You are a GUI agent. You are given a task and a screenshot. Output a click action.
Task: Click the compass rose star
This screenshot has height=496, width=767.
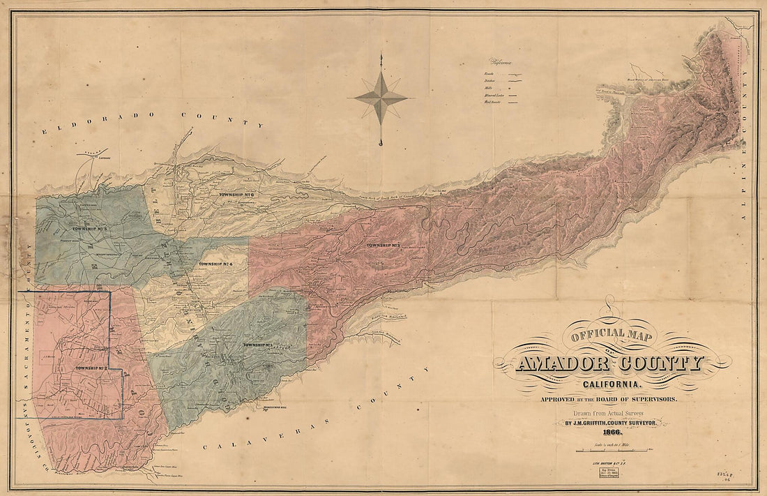point(381,98)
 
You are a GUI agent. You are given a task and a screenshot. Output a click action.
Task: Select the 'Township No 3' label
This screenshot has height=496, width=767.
point(381,245)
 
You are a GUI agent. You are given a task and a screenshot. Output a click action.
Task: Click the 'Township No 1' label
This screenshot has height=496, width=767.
point(258,345)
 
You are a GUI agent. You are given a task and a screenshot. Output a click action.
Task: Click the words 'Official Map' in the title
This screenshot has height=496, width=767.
point(612,336)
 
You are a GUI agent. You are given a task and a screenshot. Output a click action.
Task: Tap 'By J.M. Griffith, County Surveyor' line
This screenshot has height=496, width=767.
point(611,423)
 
